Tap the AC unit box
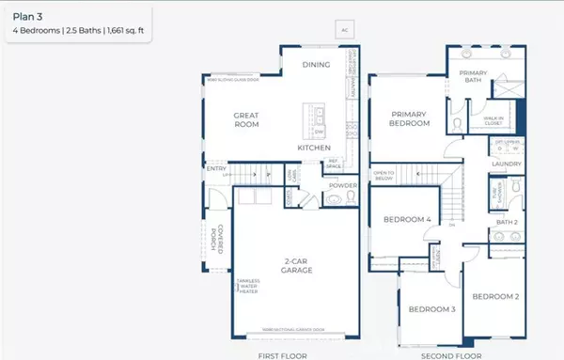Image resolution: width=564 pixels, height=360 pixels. point(345,30)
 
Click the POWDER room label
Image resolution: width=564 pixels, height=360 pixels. point(343,185)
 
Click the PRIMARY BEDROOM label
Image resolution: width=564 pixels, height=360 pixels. point(410,118)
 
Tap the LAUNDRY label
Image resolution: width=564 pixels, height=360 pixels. point(506,164)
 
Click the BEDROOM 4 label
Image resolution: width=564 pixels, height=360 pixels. point(407,220)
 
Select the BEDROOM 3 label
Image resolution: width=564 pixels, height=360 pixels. point(431,309)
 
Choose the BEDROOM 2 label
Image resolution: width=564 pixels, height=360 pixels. point(495,296)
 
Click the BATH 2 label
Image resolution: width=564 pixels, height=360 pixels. point(507,223)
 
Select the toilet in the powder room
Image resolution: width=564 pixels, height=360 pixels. point(333,199)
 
